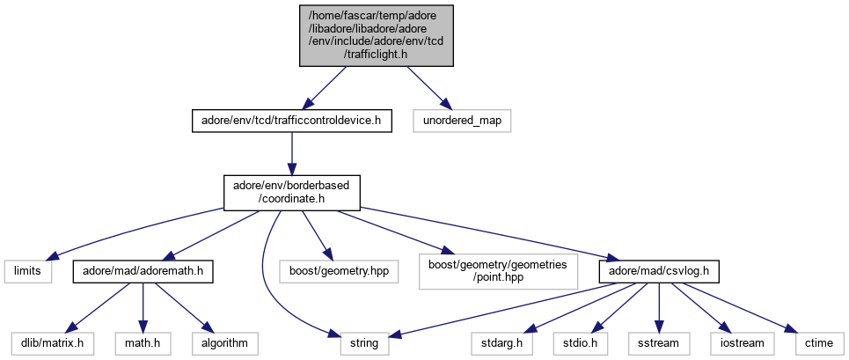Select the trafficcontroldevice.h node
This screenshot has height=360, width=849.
point(290,120)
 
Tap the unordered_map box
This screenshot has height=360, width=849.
point(463,120)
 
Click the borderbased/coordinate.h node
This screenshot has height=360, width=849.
point(290,191)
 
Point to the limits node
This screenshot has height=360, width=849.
point(27,270)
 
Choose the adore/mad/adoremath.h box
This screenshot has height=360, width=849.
point(143,270)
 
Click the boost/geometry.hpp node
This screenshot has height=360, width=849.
point(339,270)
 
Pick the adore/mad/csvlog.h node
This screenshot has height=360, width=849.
point(660,270)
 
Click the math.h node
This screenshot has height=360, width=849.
point(143,342)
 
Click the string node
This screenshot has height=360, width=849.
point(365,342)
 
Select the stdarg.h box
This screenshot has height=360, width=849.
point(502,342)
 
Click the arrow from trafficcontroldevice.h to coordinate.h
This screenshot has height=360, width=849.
point(290,151)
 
